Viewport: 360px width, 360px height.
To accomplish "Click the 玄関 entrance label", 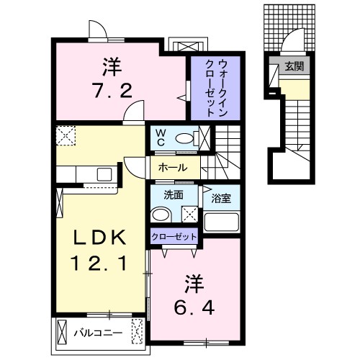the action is (x=294, y=66).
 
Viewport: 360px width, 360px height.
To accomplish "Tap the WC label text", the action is (x=160, y=138).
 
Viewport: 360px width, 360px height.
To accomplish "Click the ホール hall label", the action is (x=173, y=168).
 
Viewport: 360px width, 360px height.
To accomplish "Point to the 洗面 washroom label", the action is (x=174, y=195).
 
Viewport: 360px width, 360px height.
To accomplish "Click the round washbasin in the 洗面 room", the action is (x=161, y=215).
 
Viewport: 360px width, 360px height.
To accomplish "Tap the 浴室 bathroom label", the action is (x=221, y=198).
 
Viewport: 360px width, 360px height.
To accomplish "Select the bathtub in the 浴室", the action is (x=222, y=222).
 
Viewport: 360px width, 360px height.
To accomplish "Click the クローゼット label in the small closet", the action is (x=174, y=237).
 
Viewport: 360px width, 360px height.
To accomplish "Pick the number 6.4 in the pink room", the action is (x=194, y=307).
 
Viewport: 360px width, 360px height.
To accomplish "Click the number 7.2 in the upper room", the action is (x=112, y=91).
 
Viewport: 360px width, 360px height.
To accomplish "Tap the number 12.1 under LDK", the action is (x=99, y=263).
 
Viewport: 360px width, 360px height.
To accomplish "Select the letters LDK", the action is (x=99, y=238).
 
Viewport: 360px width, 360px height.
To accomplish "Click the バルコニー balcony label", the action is (x=98, y=333).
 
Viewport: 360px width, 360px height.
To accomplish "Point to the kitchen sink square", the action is (x=104, y=174).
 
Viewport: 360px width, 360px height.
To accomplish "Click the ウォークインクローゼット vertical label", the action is (x=216, y=88).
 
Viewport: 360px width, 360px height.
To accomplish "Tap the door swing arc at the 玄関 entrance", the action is (x=291, y=34).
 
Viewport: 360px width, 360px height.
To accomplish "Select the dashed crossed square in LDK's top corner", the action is (x=66, y=135).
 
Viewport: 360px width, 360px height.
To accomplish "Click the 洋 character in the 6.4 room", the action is (x=194, y=284).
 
